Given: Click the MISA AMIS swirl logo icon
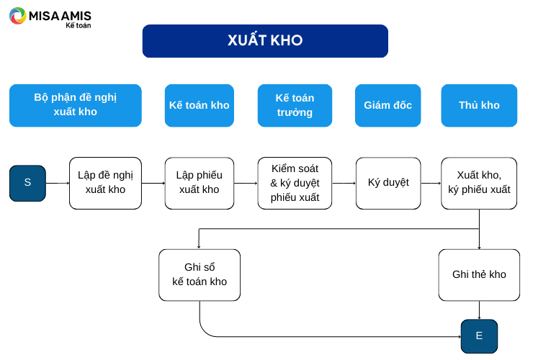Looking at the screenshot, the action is (18, 16).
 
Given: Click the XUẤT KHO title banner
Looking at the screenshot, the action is (265, 41).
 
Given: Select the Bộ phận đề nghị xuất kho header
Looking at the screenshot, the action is (76, 105).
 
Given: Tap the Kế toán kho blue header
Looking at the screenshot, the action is (200, 105).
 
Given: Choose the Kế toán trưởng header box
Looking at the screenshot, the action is (295, 105).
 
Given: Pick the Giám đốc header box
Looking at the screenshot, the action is (388, 105).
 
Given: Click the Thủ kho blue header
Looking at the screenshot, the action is (479, 105).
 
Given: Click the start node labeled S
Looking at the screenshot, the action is (27, 183).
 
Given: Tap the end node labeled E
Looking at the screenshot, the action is (479, 336).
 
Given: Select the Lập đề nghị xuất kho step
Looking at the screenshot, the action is (105, 183).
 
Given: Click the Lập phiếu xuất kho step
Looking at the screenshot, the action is (200, 183).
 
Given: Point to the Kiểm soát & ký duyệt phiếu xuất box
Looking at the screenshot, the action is (295, 183).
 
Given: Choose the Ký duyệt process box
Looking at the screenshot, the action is (388, 183).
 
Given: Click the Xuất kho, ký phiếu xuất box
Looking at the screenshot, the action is (479, 183).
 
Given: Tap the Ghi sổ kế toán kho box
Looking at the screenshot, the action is (200, 275).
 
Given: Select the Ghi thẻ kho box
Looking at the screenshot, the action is (479, 275).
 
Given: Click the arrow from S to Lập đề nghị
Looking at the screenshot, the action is (58, 183).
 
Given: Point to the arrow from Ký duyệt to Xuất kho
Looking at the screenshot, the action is (431, 183).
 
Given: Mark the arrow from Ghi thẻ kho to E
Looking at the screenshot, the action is (479, 310).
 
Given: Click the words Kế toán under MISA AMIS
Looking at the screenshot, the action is (79, 25).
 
